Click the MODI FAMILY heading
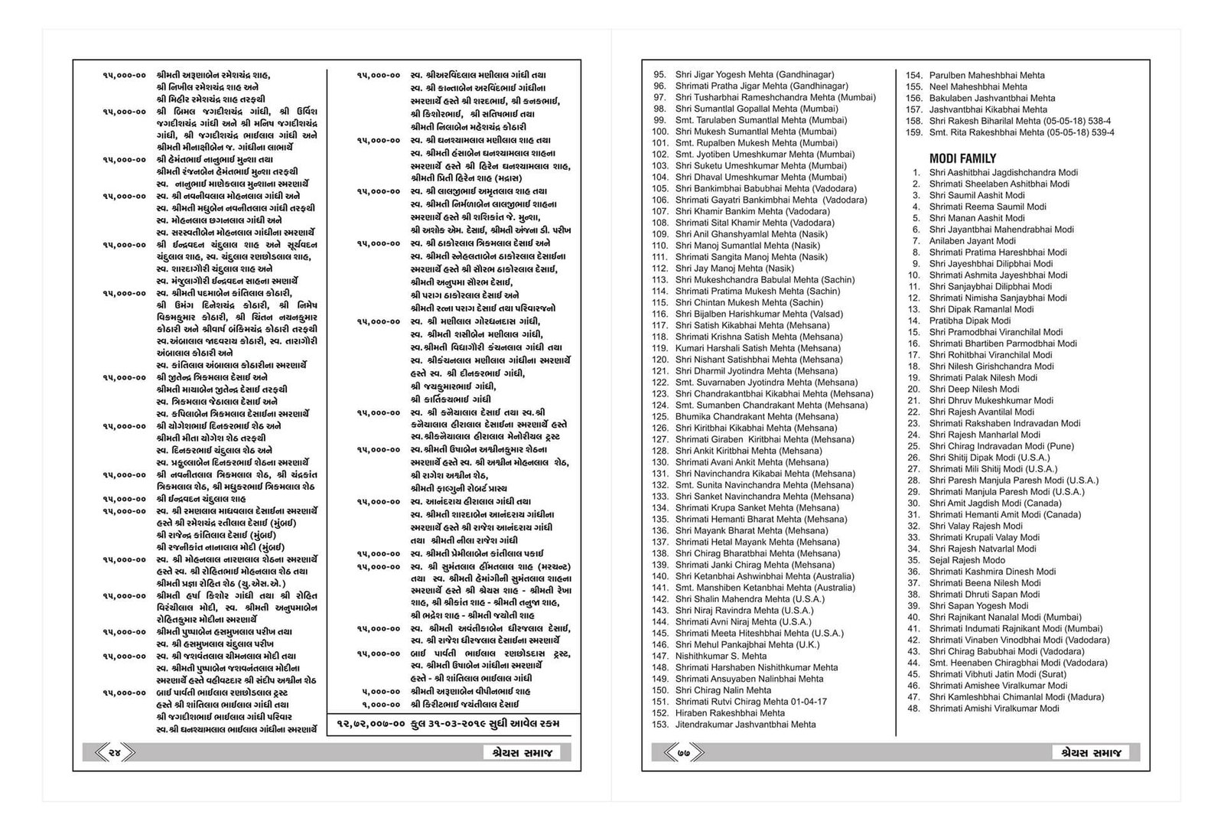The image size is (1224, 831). (962, 158)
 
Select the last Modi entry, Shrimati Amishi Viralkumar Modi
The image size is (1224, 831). (994, 709)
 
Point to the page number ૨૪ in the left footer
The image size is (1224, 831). (116, 753)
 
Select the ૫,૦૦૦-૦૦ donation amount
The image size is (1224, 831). (381, 691)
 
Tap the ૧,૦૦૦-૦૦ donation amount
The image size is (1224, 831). (381, 704)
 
